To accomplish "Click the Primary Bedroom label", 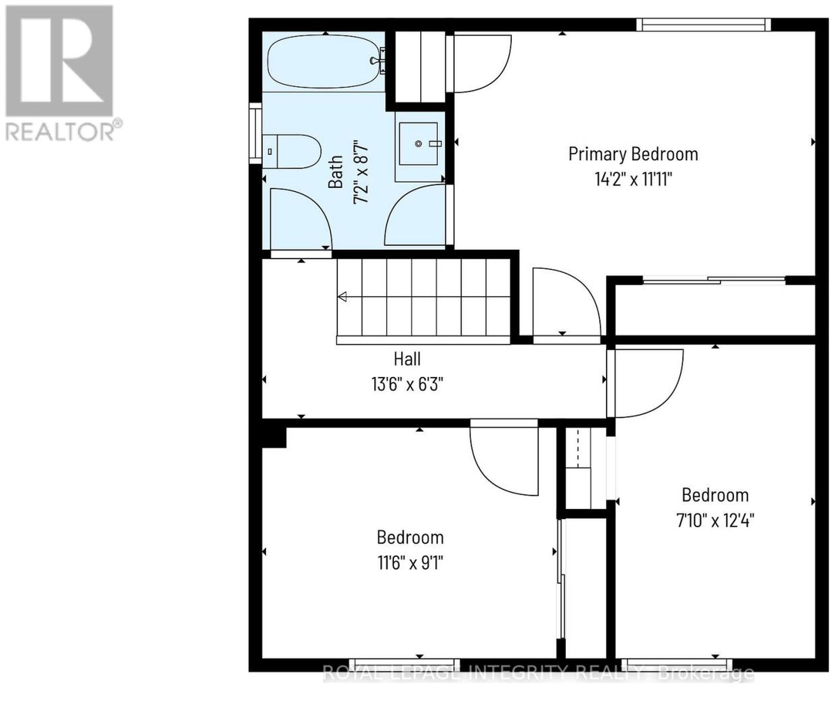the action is pos(633,154).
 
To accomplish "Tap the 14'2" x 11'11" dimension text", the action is pos(633,179).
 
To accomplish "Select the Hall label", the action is pos(407,359).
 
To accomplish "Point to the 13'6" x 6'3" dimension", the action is pos(407,384).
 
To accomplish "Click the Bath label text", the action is pos(336,172).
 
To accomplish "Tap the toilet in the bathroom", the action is pos(290,151).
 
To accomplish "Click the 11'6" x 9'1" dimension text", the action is pos(410,563).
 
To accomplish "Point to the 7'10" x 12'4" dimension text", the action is pos(715,520).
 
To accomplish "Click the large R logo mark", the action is pos(59,61).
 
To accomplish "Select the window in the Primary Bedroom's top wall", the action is pos(703,25).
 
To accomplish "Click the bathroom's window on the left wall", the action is pos(255,134).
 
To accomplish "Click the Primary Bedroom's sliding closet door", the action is pos(714,280).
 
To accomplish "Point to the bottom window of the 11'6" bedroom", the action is pos(404,665).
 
